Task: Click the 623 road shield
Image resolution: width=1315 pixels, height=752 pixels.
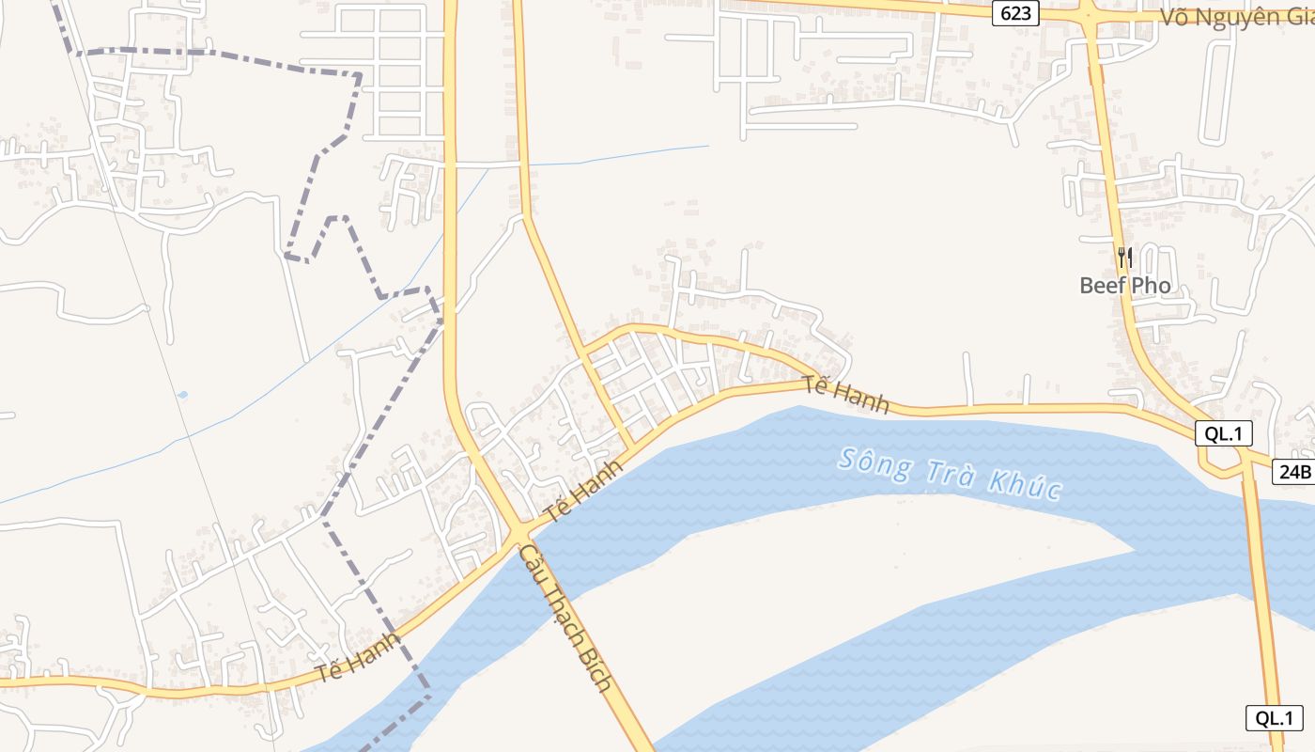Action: click(1016, 12)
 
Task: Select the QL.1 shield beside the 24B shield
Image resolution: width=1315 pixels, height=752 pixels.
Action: click(1224, 433)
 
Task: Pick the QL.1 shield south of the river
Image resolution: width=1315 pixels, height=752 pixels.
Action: click(1275, 718)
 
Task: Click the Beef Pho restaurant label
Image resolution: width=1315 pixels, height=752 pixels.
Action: click(1124, 285)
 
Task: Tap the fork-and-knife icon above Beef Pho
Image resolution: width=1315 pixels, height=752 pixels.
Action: click(1124, 257)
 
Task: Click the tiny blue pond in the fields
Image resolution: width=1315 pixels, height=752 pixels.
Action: click(182, 395)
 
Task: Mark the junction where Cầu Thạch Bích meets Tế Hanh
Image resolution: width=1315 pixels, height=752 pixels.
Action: click(518, 535)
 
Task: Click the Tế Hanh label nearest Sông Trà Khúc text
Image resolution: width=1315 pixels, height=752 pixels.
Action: click(846, 395)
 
